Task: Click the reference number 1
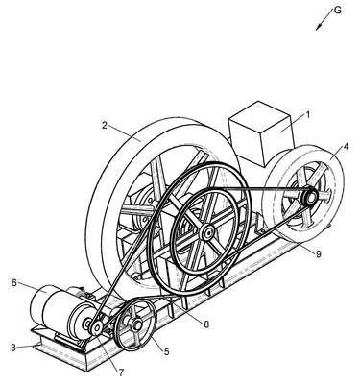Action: pyautogui.click(x=308, y=114)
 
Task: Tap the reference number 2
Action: pyautogui.click(x=105, y=125)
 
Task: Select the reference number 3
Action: pyautogui.click(x=13, y=348)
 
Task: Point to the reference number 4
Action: pyautogui.click(x=346, y=146)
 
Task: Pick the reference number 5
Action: pyautogui.click(x=166, y=352)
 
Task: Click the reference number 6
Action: pyautogui.click(x=13, y=283)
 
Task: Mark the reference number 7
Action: pyautogui.click(x=121, y=372)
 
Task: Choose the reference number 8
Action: pyautogui.click(x=206, y=324)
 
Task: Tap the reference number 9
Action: pyautogui.click(x=318, y=253)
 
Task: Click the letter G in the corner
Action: pyautogui.click(x=337, y=11)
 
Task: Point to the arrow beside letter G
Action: pyautogui.click(x=324, y=19)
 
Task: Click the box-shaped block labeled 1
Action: pyautogui.click(x=260, y=133)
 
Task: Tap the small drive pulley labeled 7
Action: pyautogui.click(x=96, y=327)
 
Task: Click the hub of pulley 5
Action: pyautogui.click(x=136, y=324)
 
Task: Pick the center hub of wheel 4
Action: pyautogui.click(x=310, y=196)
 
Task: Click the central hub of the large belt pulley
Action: pyautogui.click(x=207, y=232)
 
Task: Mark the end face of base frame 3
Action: pyautogui.click(x=58, y=351)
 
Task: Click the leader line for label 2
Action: pyautogui.click(x=125, y=132)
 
